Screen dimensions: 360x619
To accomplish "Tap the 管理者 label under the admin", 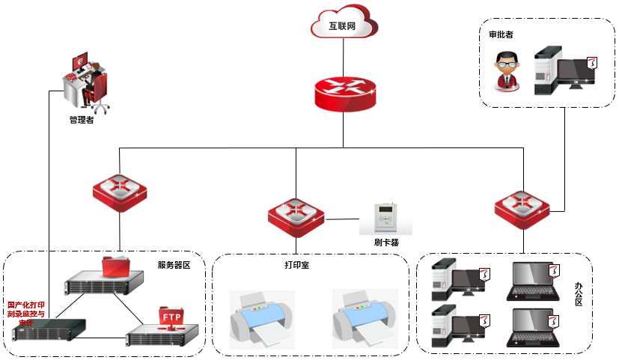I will [81, 120].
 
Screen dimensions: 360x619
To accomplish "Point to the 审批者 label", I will [501, 34].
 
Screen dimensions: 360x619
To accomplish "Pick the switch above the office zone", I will [522, 207].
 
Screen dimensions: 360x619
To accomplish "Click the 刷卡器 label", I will [387, 242].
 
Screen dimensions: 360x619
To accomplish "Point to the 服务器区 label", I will [174, 265].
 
